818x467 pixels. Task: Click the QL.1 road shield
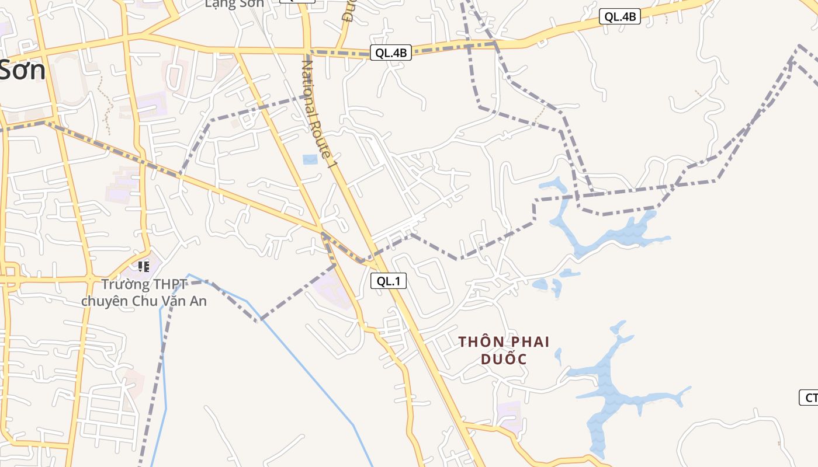pyautogui.click(x=389, y=281)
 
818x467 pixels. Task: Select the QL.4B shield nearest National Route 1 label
pyautogui.click(x=390, y=53)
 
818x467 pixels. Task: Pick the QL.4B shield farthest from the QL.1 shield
pyautogui.click(x=619, y=17)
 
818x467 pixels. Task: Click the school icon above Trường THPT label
pyautogui.click(x=144, y=267)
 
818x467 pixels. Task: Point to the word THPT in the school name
pyautogui.click(x=169, y=285)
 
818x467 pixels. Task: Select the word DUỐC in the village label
pyautogui.click(x=504, y=359)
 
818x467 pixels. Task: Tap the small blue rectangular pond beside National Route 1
pyautogui.click(x=310, y=159)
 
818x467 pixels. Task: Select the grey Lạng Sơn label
pyautogui.click(x=234, y=4)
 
